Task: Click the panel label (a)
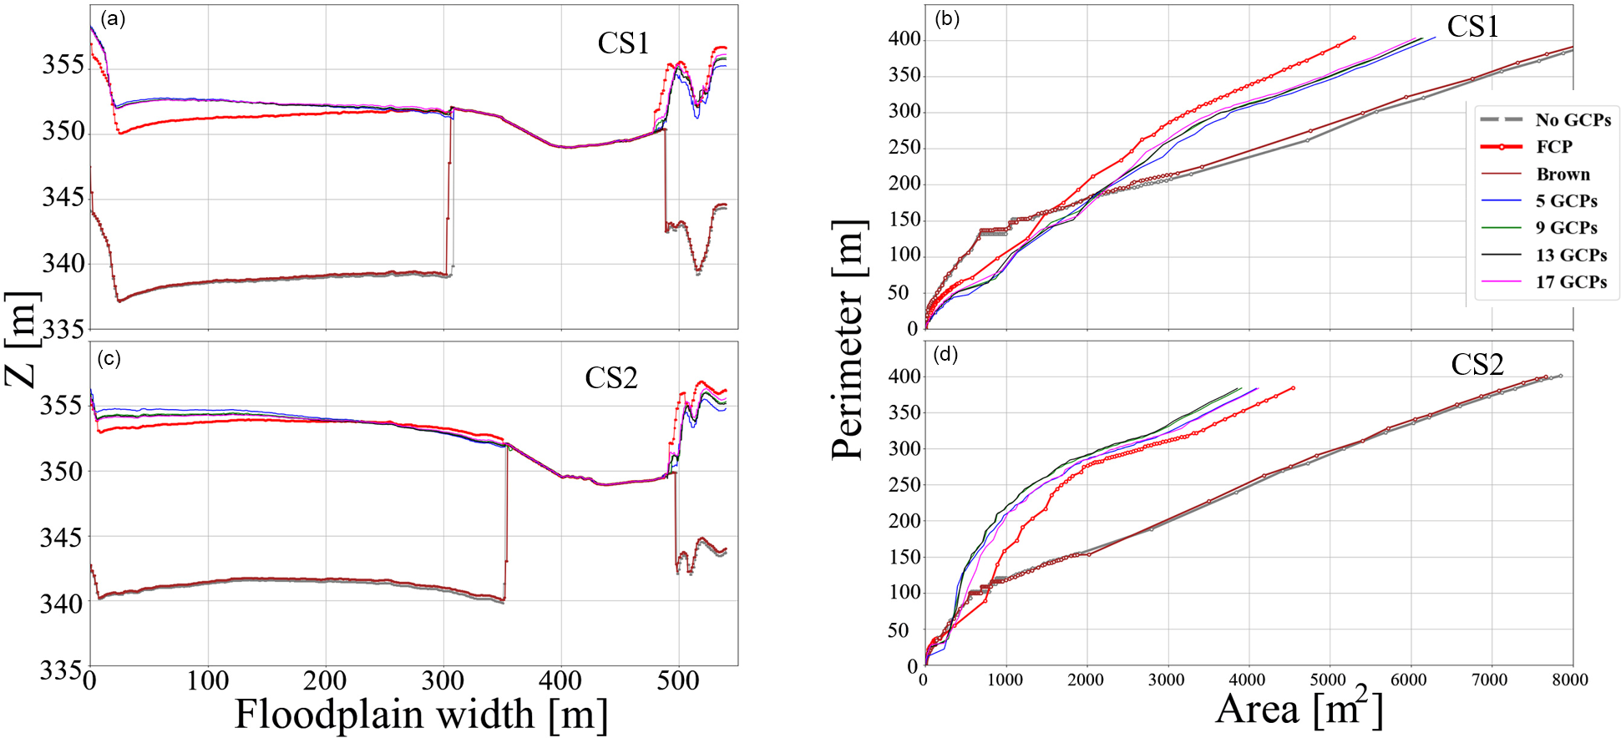pos(112,19)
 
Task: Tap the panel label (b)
pos(946,19)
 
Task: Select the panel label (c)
pos(109,359)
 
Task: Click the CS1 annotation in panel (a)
pos(623,43)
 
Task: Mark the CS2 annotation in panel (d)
pos(1477,365)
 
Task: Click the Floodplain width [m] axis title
pos(421,715)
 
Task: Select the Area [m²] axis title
pos(1299,709)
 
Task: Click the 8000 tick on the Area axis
pos(1569,680)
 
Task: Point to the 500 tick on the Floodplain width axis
pos(678,681)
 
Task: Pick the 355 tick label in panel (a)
pos(63,65)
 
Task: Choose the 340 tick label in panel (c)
pos(62,603)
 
